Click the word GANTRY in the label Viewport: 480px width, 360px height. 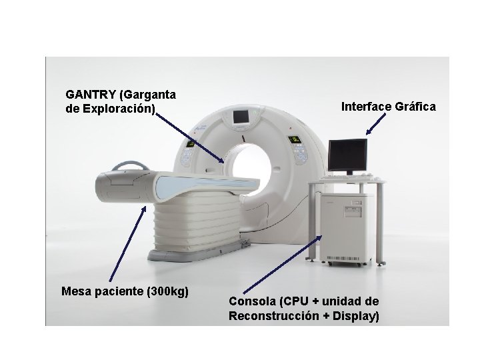pyautogui.click(x=88, y=95)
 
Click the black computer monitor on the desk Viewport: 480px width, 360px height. pyautogui.click(x=347, y=155)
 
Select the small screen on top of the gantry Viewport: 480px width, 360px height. pyautogui.click(x=239, y=118)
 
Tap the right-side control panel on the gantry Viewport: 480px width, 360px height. pyautogui.click(x=293, y=140)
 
